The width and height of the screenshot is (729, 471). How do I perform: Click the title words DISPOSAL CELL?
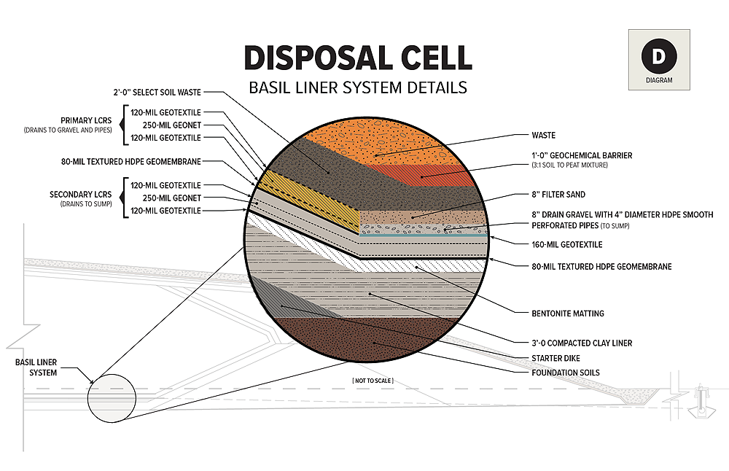click(357, 57)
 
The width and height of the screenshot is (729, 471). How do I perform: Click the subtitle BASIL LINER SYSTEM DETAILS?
click(357, 88)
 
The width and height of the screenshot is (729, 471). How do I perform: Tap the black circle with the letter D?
click(658, 56)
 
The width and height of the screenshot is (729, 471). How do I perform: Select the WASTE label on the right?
click(543, 135)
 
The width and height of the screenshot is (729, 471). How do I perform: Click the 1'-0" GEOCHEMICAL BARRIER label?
click(582, 155)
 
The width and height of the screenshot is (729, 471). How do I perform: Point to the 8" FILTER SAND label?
click(558, 195)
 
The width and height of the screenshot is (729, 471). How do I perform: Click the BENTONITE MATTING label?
click(568, 314)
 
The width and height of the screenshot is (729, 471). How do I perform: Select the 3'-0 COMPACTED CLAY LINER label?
click(582, 343)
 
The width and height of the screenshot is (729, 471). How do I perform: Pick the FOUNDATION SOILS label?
click(566, 373)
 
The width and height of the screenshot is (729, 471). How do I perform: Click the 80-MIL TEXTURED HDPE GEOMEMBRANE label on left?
click(131, 161)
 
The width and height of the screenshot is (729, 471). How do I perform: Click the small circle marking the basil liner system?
click(111, 398)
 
